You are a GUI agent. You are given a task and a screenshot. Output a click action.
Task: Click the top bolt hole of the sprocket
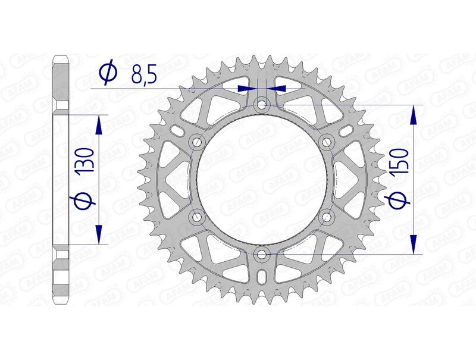click(x=262, y=105)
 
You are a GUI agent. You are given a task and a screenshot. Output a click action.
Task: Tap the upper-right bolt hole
click(x=327, y=142)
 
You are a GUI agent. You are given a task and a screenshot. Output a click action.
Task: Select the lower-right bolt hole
click(x=327, y=217)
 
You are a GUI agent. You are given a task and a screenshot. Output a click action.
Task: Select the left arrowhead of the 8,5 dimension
click(x=245, y=88)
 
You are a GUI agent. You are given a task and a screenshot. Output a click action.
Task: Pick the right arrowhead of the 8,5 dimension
click(x=278, y=88)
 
